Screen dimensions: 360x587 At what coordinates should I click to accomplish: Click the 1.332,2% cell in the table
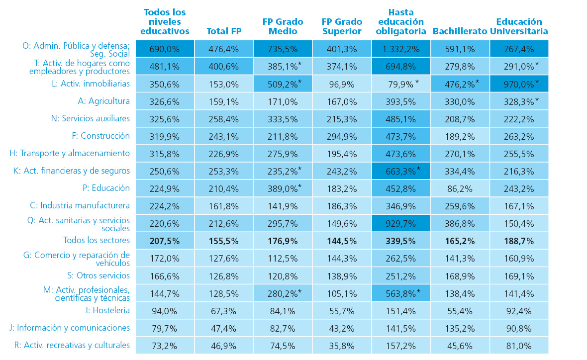401,49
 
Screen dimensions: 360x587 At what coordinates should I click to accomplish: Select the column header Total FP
224,31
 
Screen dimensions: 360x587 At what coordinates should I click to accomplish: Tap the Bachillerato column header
460,31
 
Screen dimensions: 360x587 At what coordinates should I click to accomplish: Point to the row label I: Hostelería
107,310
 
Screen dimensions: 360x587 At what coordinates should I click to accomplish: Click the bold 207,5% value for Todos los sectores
165,241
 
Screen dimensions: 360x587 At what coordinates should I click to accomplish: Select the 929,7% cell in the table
401,224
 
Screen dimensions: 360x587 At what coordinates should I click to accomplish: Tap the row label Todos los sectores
96,240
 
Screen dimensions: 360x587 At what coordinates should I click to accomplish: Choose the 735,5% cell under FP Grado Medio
283,49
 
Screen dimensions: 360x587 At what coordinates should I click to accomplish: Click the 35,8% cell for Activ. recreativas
341,346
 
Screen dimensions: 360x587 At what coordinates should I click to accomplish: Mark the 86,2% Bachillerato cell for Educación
460,188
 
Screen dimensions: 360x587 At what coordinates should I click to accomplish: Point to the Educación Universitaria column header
519,26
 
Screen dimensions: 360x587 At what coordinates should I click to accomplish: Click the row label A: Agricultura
104,101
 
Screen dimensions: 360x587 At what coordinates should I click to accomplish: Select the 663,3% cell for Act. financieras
401,171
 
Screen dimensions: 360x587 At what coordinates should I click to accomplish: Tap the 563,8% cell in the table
401,293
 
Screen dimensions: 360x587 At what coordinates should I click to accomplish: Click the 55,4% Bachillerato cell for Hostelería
460,311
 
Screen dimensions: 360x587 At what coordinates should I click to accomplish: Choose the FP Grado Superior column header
341,26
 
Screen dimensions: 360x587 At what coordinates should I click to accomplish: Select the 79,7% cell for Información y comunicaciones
165,328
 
